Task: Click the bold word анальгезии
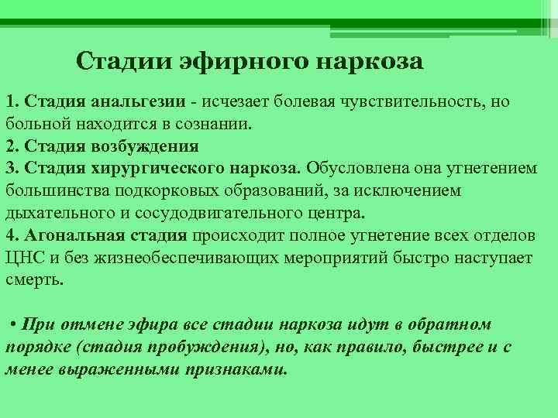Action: click(x=139, y=102)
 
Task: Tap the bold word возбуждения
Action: click(x=145, y=147)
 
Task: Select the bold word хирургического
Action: click(x=157, y=170)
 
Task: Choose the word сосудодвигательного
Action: click(x=218, y=214)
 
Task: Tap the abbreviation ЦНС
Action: click(x=25, y=259)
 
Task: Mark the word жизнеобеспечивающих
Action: click(x=187, y=259)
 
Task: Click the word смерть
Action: click(x=35, y=280)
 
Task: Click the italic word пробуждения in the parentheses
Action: click(x=203, y=348)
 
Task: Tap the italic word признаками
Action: click(x=236, y=370)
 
